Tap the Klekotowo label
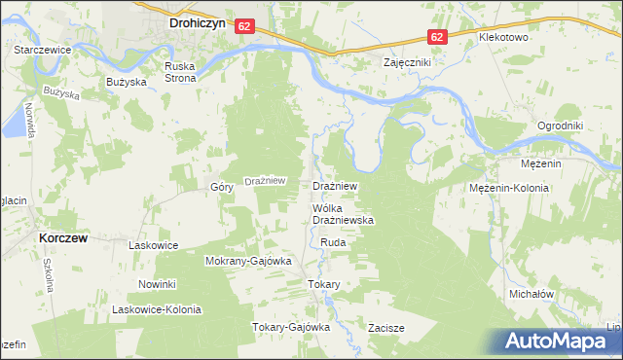(x=503, y=37)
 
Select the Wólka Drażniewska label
(x=343, y=215)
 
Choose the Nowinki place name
(x=156, y=284)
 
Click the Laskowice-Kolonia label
(x=156, y=309)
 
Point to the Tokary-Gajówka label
(x=292, y=327)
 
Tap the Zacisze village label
(x=385, y=328)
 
